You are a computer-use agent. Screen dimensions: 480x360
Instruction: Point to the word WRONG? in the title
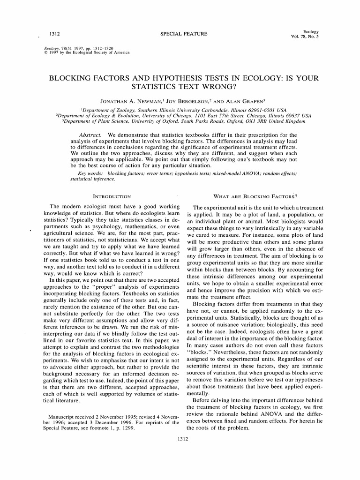[x=215, y=87]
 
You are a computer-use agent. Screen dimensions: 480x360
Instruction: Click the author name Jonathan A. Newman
[x=127, y=101]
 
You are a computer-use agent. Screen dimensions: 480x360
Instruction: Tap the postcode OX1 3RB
[x=262, y=121]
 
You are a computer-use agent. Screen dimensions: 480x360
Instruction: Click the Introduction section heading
[x=112, y=196]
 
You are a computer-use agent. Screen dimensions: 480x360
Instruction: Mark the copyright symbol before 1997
[x=45, y=52]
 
